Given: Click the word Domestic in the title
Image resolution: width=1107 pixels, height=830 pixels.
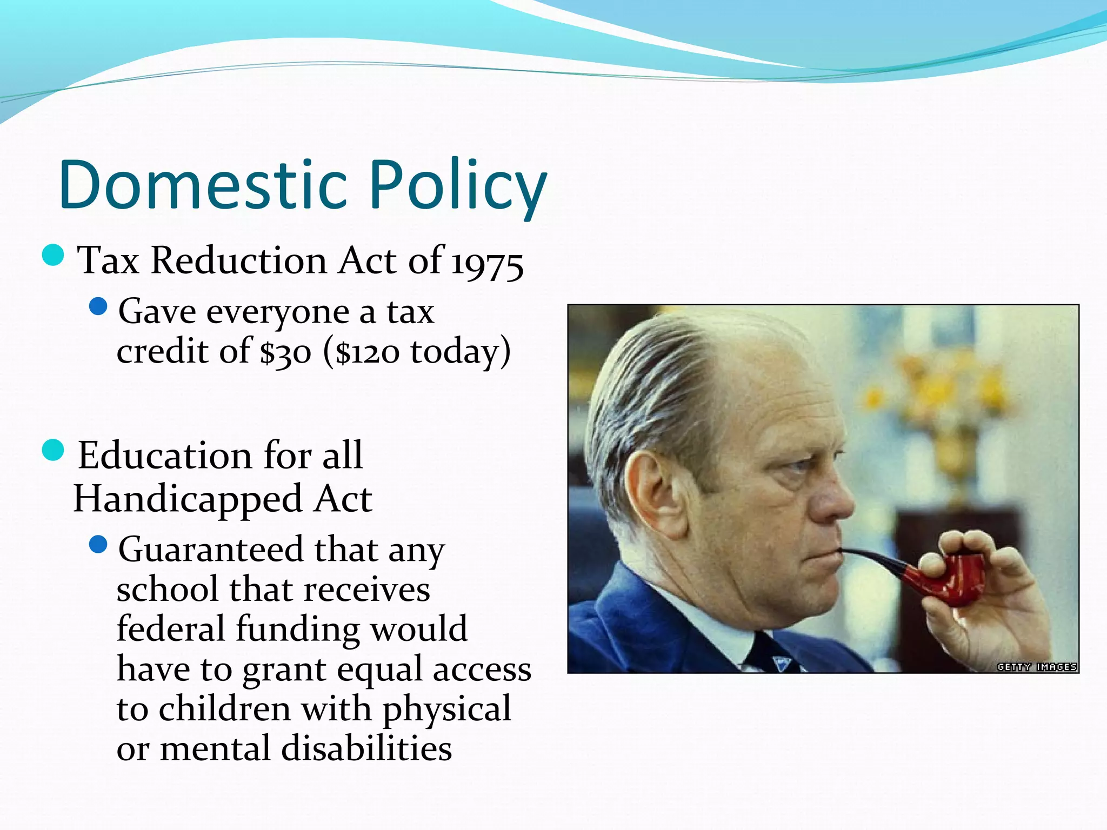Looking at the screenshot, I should tap(203, 185).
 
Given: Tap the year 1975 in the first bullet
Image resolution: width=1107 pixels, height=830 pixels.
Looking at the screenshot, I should tap(487, 264).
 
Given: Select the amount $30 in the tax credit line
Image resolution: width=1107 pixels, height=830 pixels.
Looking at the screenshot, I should tap(285, 352).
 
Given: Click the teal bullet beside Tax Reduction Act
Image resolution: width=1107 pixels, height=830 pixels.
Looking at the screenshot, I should tap(53, 255).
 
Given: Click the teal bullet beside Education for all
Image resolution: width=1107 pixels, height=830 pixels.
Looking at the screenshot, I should tap(53, 450).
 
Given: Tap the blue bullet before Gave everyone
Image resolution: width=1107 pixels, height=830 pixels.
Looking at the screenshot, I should tap(98, 307).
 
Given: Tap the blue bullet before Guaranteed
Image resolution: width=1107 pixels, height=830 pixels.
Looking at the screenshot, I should tap(98, 544).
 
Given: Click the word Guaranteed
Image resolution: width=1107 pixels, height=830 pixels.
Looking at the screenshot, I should tap(211, 550).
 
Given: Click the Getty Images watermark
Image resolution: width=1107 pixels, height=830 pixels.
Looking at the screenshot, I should tap(1037, 667).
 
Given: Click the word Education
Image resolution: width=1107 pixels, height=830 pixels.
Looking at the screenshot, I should tap(165, 456).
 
